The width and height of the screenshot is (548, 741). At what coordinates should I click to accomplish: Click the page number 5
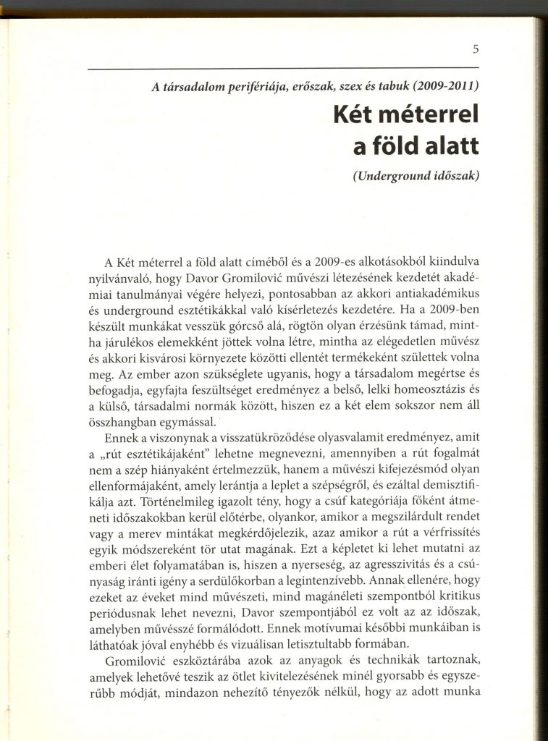tap(476, 50)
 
